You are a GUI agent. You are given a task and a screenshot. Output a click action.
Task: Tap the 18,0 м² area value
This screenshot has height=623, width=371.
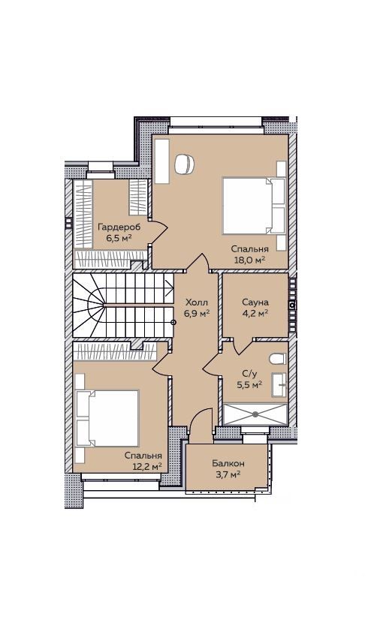pyautogui.click(x=249, y=260)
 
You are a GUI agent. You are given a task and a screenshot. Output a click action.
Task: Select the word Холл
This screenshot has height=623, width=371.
pyautogui.click(x=197, y=302)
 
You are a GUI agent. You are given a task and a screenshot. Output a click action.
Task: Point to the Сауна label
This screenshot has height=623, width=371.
pyautogui.click(x=255, y=302)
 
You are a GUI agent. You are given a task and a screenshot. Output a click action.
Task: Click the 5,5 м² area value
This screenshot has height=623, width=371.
pyautogui.click(x=249, y=384)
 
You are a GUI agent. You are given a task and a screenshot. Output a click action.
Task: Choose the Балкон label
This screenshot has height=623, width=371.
pyautogui.click(x=228, y=464)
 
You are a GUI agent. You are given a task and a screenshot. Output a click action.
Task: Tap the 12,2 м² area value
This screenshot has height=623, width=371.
pyautogui.click(x=148, y=465)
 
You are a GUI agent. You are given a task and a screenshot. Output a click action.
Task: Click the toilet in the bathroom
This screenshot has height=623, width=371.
pyautogui.click(x=278, y=359)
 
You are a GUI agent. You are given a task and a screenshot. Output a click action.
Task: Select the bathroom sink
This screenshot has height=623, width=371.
pyautogui.click(x=279, y=384)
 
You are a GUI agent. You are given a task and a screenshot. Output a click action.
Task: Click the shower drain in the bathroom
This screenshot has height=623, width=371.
pyautogui.click(x=255, y=414)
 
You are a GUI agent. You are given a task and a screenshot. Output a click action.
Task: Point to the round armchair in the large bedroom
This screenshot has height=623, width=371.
pyautogui.click(x=185, y=164)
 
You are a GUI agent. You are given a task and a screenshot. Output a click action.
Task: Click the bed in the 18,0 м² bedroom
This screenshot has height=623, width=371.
pyautogui.click(x=254, y=206)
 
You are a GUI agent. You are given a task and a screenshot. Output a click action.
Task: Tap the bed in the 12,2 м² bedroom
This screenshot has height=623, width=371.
pyautogui.click(x=107, y=418)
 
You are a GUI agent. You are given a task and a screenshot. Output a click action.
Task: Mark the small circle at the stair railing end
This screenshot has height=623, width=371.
pyautogui.click(x=173, y=322)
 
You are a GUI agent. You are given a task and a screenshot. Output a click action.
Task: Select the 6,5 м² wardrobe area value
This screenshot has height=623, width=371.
pyautogui.click(x=119, y=238)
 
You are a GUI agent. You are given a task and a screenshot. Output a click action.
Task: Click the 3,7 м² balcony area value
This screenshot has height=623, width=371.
pyautogui.click(x=228, y=474)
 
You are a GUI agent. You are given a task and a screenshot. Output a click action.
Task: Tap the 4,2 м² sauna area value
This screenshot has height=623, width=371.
pyautogui.click(x=255, y=313)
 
